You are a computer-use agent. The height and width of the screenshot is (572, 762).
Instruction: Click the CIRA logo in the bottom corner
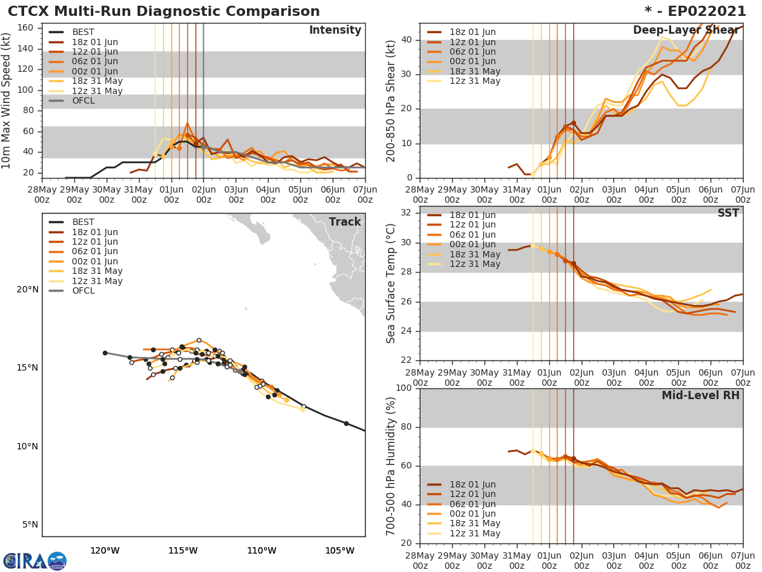pos(35,561)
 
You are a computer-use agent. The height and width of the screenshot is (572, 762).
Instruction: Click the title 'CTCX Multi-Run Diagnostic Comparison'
pos(164,11)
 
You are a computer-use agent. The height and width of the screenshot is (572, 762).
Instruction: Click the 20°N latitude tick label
pos(27,290)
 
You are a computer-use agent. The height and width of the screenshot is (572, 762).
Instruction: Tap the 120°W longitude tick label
pos(105,551)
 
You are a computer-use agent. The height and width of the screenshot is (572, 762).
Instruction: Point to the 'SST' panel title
pos(728,214)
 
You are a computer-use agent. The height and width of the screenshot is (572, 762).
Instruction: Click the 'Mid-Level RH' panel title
pos(700,396)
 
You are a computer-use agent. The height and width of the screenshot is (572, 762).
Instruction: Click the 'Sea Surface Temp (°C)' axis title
pos(391,283)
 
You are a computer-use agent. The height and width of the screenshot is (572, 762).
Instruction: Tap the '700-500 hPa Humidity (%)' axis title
pos(391,466)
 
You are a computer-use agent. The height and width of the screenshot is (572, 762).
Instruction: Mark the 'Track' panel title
pos(345,222)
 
